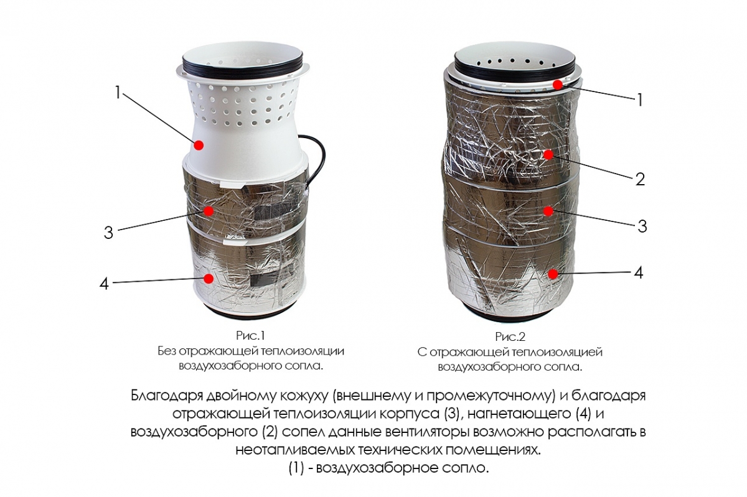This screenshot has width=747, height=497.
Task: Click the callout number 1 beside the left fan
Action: tap(117, 93)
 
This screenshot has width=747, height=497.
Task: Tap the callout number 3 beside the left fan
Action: tap(108, 232)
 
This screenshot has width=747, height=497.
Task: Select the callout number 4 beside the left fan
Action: tap(105, 284)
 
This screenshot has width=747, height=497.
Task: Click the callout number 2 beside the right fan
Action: tap(639, 180)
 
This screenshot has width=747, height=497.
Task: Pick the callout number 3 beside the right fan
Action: tap(642, 226)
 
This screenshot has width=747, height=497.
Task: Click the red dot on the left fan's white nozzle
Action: tap(199, 146)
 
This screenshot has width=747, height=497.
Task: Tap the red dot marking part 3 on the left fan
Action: tap(209, 211)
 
